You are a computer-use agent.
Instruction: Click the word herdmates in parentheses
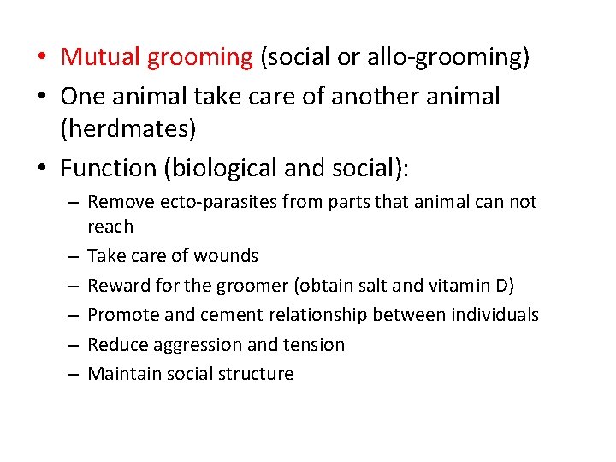(x=128, y=130)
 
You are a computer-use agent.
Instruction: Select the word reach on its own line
(x=110, y=227)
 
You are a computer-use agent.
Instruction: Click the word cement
(x=232, y=315)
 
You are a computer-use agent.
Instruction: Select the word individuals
(x=495, y=315)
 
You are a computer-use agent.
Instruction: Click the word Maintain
(x=121, y=374)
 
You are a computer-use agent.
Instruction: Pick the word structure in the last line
(x=258, y=374)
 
